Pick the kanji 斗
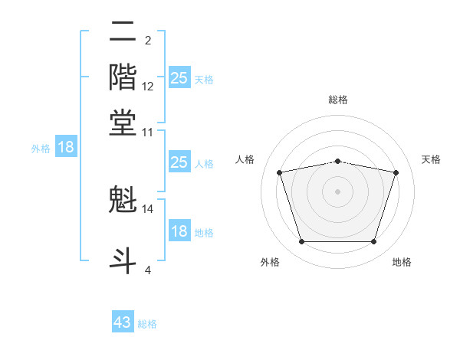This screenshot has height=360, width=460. click(x=123, y=257)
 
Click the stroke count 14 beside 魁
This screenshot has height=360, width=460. click(x=148, y=208)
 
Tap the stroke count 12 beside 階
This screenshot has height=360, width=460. click(x=148, y=86)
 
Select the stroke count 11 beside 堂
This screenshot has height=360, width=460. click(x=148, y=132)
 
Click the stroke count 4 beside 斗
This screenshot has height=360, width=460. click(x=148, y=270)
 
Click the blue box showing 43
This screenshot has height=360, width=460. click(x=123, y=322)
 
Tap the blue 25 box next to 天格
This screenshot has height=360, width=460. click(x=179, y=77)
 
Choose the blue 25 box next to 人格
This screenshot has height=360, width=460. click(x=179, y=162)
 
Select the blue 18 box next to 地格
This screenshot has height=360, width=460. click(x=179, y=231)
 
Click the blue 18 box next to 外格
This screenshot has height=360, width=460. click(x=66, y=148)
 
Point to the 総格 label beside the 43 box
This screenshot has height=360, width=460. click(x=147, y=324)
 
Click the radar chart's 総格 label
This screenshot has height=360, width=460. click(x=338, y=100)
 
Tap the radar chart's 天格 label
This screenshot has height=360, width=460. click(x=432, y=159)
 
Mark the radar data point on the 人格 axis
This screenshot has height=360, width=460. click(x=280, y=172)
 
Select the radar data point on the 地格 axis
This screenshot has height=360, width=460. click(x=373, y=242)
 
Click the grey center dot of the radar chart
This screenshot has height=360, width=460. click(x=338, y=191)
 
